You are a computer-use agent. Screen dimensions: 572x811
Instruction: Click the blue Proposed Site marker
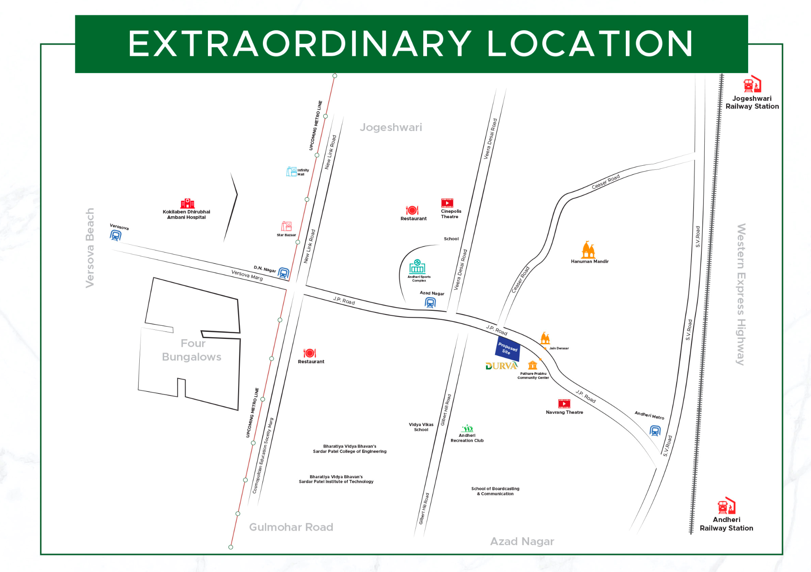508,348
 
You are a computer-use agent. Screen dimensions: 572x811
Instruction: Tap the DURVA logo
501,366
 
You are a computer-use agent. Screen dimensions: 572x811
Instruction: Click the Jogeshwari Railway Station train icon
752,84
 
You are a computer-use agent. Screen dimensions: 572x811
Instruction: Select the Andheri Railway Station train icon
726,506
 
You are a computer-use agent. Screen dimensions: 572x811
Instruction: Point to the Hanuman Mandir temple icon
588,250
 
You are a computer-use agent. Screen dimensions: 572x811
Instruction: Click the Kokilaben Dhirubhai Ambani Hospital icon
187,203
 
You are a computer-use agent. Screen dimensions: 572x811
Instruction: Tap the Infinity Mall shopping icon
291,171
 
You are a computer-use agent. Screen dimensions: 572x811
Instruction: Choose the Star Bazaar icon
286,226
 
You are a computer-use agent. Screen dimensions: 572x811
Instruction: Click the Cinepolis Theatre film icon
447,203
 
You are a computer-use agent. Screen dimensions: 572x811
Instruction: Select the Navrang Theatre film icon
564,403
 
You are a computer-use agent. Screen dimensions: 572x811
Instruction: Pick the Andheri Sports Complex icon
417,267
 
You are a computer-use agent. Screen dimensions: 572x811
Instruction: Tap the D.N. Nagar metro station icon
284,273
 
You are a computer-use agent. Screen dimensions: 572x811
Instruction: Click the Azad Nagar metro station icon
430,303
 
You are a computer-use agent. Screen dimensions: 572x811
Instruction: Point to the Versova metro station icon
116,236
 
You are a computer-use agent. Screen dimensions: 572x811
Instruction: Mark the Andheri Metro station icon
655,431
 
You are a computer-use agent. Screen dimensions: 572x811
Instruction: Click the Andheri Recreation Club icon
467,428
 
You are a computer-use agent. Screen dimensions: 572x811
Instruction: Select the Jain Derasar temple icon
545,338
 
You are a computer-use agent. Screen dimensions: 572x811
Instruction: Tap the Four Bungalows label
192,350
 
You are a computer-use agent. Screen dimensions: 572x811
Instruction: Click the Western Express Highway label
741,294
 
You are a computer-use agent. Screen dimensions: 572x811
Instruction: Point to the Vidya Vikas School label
421,427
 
